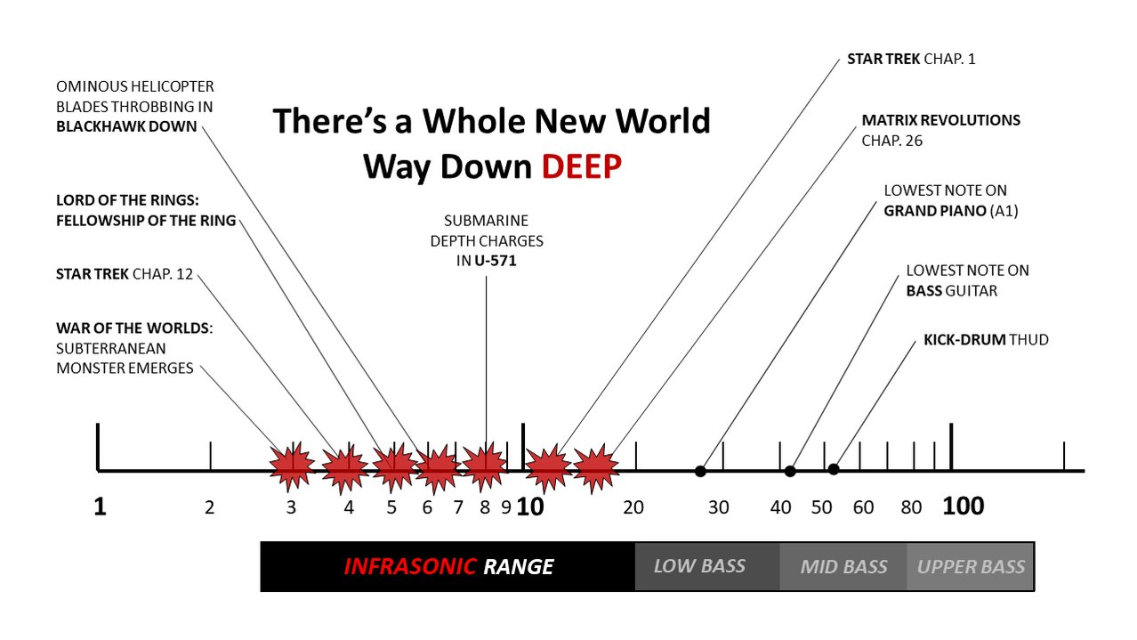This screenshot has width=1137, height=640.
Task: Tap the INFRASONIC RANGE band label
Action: [448, 567]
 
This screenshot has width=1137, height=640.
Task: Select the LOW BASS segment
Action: [699, 566]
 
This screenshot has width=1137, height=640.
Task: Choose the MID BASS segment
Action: [843, 567]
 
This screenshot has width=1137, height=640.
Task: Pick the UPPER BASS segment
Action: [971, 567]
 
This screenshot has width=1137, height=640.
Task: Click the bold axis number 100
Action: [964, 507]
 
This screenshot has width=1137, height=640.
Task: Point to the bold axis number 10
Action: [530, 507]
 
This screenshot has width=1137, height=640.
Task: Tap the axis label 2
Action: [210, 508]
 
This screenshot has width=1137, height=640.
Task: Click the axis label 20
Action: [633, 508]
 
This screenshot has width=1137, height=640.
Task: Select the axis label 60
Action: [863, 508]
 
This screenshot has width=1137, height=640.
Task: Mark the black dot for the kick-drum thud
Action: [834, 469]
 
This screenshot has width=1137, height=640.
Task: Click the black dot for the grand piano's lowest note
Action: [700, 471]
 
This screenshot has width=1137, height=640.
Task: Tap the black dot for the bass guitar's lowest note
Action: [790, 471]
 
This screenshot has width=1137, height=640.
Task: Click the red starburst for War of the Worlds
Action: [292, 466]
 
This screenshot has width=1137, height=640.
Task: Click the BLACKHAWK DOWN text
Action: [126, 126]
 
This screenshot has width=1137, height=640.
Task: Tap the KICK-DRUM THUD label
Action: [986, 340]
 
